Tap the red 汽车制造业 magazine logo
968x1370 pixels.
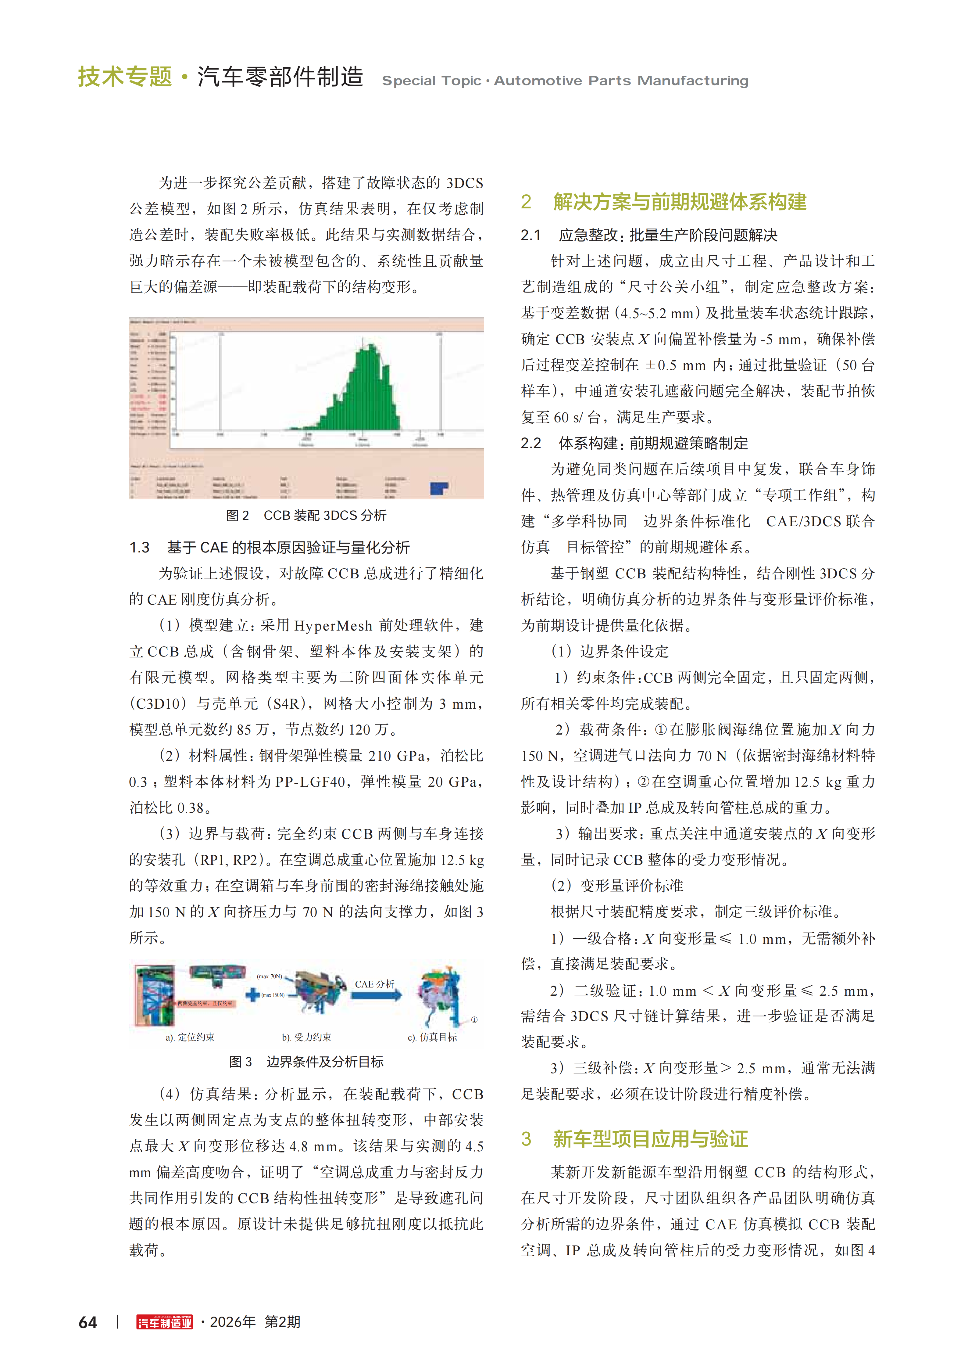tap(165, 1322)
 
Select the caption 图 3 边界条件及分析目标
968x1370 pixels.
tap(306, 1062)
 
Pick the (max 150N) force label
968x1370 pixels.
tap(273, 995)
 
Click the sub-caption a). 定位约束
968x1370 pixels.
tap(190, 1037)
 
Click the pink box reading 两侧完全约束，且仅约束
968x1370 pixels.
tap(205, 1003)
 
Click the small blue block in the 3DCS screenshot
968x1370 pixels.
tap(439, 488)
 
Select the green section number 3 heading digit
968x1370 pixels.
tap(526, 1138)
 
